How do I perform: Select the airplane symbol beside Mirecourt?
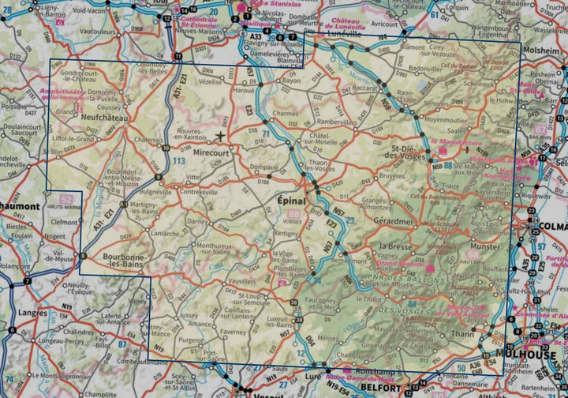click(x=221, y=134)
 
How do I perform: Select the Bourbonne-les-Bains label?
click(x=122, y=261)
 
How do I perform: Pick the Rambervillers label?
click(x=334, y=122)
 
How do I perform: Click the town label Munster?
click(x=484, y=247)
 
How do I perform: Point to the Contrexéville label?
click(x=200, y=191)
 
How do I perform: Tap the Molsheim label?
click(x=544, y=48)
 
